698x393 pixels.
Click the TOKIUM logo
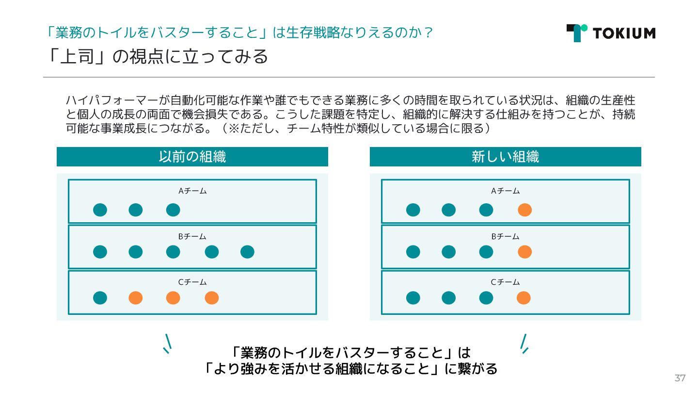[x=611, y=33]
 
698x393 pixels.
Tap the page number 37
[x=680, y=378]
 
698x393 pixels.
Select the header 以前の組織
[x=192, y=157]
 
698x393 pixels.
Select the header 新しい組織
[x=505, y=157]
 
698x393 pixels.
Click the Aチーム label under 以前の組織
[x=192, y=191]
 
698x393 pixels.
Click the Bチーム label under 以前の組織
[x=192, y=237]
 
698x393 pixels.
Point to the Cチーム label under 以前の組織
[x=192, y=282]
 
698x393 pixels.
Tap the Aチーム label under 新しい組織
[x=505, y=191]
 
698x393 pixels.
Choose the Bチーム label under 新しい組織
[x=505, y=237]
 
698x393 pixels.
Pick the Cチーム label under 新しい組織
[x=505, y=282]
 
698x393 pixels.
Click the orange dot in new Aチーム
[x=524, y=210]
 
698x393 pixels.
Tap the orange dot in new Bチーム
[x=524, y=252]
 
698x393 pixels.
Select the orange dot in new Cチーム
[x=523, y=298]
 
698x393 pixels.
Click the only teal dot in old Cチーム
[x=100, y=298]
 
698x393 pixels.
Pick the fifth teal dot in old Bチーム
[x=247, y=252]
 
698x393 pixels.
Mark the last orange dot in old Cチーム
[x=212, y=298]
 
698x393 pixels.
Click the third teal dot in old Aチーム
[x=173, y=210]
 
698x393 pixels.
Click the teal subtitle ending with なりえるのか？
[x=239, y=33]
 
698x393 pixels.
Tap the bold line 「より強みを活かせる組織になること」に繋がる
[x=351, y=369]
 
